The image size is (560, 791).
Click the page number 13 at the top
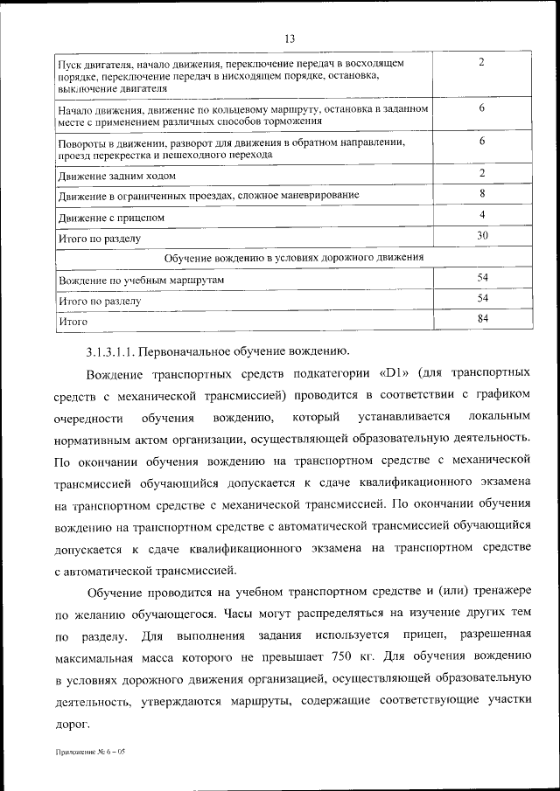(289, 38)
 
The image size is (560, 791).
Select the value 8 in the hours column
(482, 192)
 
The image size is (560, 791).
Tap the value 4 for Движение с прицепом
(482, 214)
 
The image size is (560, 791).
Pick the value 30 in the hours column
(482, 236)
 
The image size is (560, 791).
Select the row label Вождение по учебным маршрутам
(142, 280)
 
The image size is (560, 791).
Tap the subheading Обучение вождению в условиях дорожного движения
(295, 258)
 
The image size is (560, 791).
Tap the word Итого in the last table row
(73, 322)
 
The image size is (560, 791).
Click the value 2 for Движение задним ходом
(482, 172)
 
